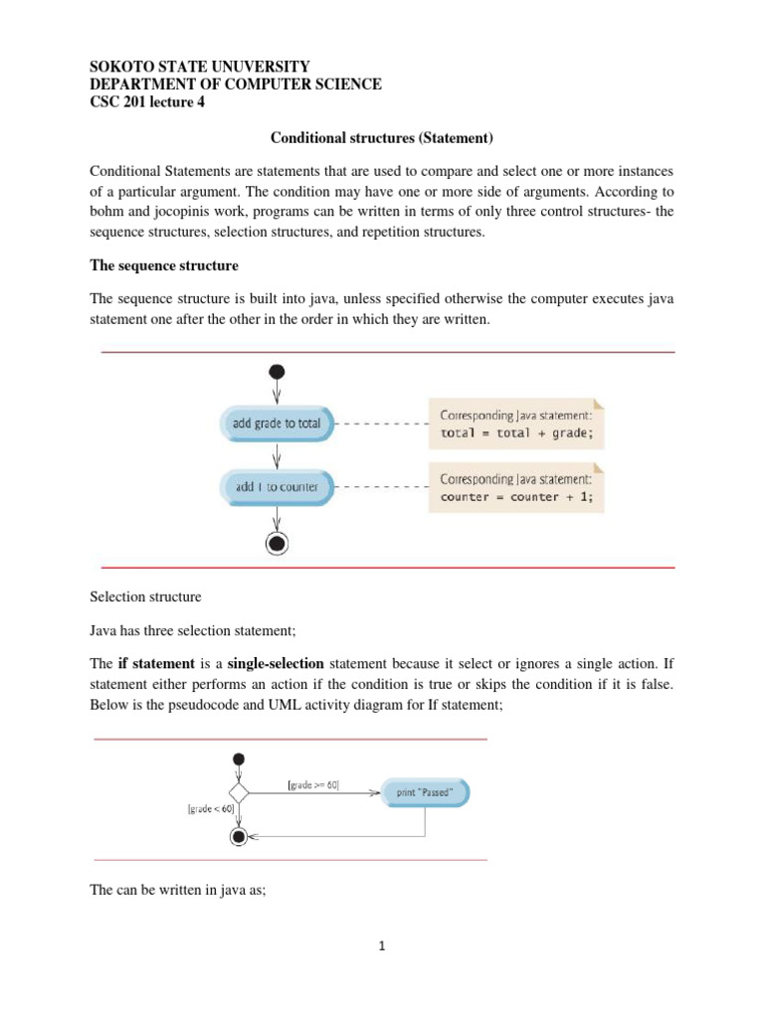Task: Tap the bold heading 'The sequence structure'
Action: pos(164,265)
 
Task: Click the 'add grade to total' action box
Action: pos(277,423)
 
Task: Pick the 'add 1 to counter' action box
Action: pos(277,487)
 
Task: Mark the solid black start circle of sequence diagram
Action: pos(277,372)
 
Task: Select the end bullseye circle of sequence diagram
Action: pos(277,542)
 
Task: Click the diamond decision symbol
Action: pos(238,792)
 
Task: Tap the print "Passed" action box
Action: pos(425,792)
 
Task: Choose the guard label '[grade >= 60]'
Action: pos(313,785)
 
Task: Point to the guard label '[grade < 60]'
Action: pos(209,808)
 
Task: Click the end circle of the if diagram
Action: pos(238,837)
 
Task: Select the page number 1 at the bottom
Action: pos(383,945)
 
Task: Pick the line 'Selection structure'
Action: pos(145,597)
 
